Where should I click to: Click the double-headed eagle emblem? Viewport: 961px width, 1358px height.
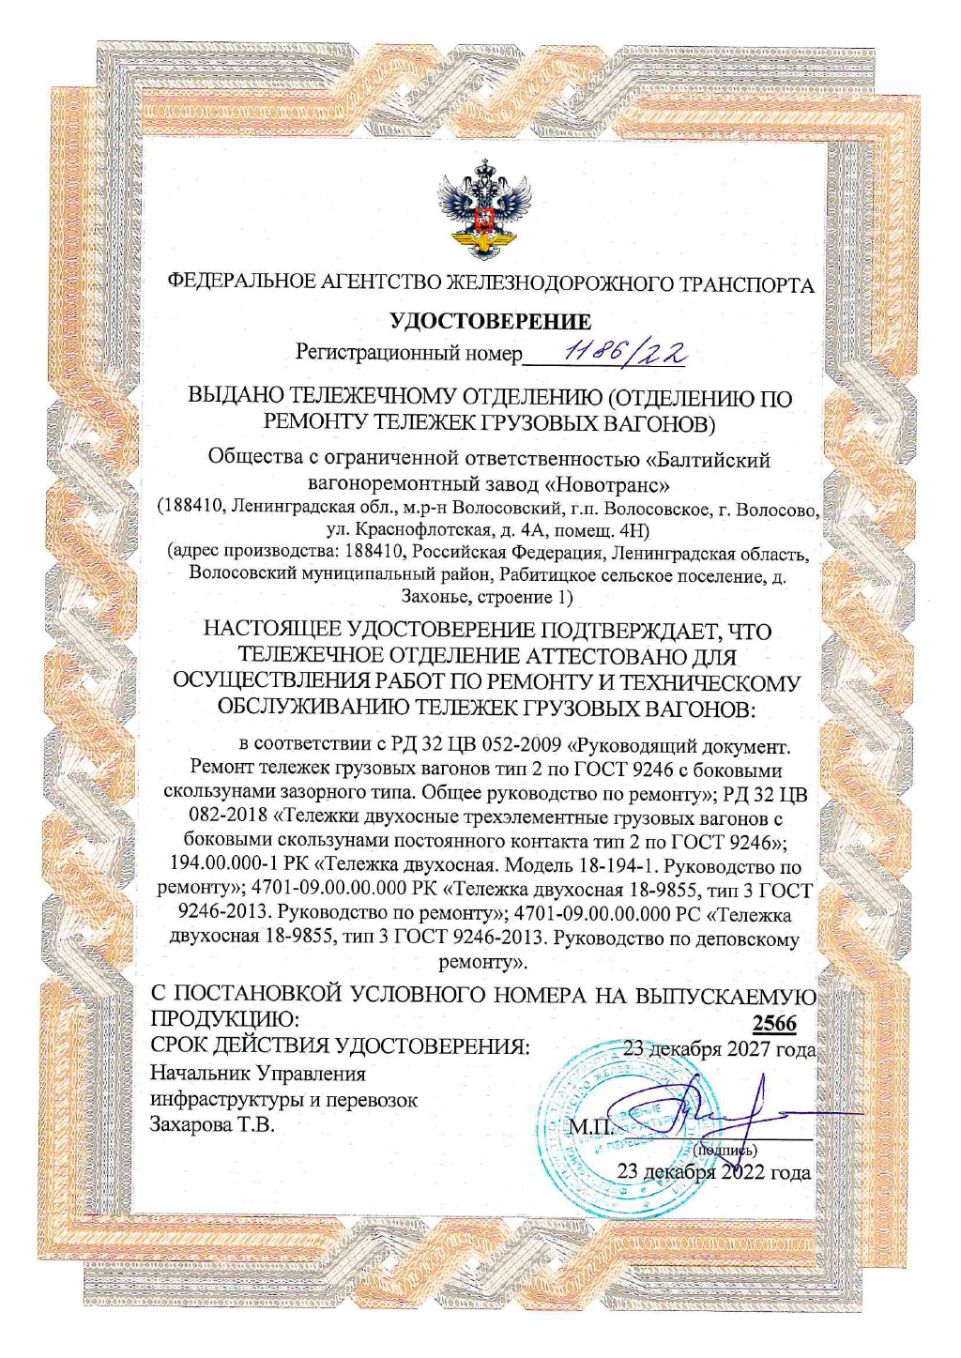[484, 208]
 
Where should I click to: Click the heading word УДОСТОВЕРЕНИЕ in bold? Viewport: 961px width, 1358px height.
[491, 322]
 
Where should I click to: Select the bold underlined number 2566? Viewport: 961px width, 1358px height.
[774, 1023]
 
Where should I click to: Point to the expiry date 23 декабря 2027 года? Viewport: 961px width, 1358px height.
[719, 1049]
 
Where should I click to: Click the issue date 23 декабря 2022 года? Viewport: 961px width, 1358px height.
[713, 1171]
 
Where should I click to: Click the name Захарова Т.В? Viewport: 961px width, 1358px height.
[212, 1124]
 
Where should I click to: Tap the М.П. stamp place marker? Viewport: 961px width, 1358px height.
[591, 1125]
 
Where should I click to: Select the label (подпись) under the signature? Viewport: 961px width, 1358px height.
[725, 1150]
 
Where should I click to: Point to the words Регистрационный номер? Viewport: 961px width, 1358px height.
[408, 353]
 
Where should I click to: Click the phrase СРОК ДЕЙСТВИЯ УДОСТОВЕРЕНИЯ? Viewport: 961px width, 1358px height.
[340, 1046]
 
